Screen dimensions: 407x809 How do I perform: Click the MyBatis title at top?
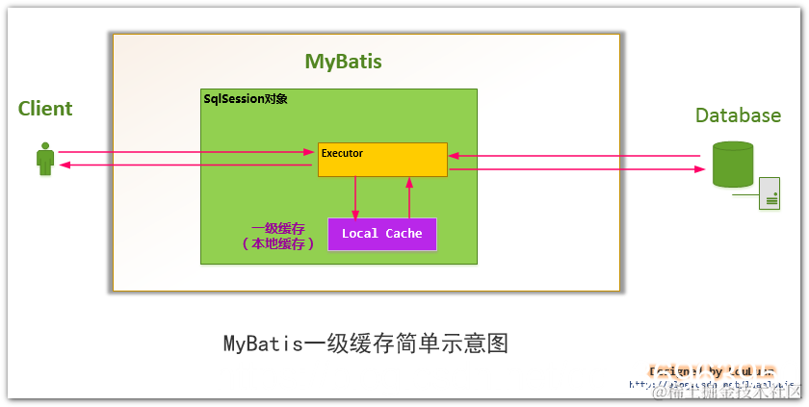click(x=343, y=62)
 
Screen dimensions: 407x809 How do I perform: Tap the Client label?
click(x=45, y=109)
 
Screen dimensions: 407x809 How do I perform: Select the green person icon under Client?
click(x=44, y=160)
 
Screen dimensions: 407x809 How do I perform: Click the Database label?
click(x=738, y=115)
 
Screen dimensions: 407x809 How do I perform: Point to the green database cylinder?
click(x=732, y=165)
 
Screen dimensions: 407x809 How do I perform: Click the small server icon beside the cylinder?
click(x=770, y=193)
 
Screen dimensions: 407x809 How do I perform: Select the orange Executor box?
click(x=382, y=161)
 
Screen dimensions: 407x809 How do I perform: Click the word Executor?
click(x=342, y=152)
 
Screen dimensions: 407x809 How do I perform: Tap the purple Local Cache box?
click(x=381, y=234)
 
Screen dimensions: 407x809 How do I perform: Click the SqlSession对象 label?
click(x=246, y=99)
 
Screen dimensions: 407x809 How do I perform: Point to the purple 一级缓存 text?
click(x=278, y=228)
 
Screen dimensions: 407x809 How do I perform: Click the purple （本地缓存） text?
click(x=278, y=244)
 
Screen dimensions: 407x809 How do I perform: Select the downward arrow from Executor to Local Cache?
click(x=355, y=197)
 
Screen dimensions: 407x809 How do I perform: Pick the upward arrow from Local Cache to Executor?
click(x=409, y=197)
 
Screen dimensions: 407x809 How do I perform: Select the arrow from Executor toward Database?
click(x=578, y=169)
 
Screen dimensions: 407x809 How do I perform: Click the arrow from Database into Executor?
click(x=578, y=156)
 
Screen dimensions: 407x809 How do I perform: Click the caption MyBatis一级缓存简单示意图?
click(x=365, y=343)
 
